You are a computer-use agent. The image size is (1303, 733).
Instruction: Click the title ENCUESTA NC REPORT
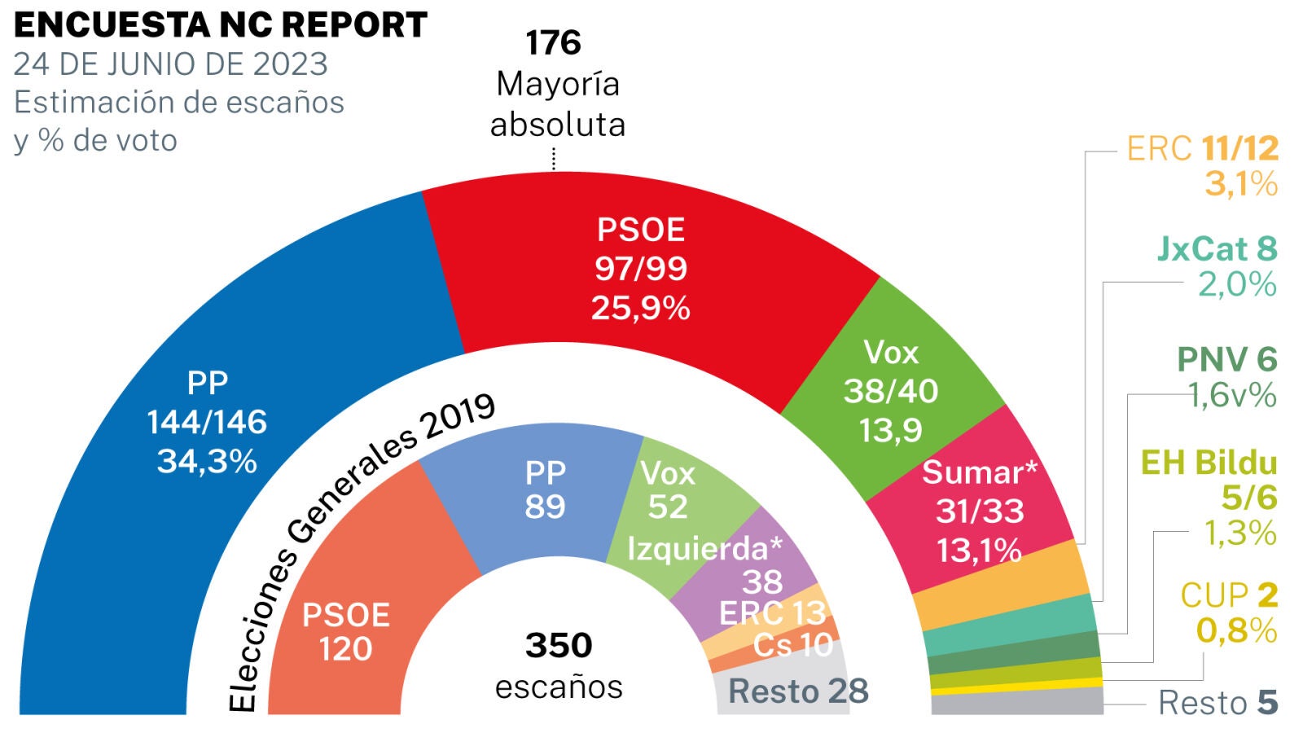tap(220, 25)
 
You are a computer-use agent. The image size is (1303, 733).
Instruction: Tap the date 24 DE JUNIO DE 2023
tap(170, 64)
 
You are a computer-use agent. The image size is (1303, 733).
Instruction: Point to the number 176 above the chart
tap(553, 43)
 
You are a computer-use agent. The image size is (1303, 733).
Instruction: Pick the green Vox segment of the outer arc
tap(892, 391)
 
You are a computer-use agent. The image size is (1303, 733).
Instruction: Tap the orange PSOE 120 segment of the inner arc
tap(346, 631)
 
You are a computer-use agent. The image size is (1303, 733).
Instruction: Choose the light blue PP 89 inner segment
tap(545, 489)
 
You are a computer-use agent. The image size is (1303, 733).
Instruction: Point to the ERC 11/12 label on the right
tap(1202, 149)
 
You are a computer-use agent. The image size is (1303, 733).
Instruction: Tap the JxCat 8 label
tap(1217, 249)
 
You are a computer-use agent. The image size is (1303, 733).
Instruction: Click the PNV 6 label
tap(1226, 360)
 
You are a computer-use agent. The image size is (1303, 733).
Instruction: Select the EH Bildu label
tap(1209, 463)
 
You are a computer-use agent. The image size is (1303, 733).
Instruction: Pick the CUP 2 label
tap(1229, 596)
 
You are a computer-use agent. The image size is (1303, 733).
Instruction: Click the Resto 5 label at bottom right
tap(1217, 703)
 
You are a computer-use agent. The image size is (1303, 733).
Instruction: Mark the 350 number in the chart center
tap(559, 646)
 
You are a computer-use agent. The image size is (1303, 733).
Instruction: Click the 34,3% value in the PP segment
tap(207, 462)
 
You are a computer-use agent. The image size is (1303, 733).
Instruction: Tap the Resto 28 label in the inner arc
tap(798, 691)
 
